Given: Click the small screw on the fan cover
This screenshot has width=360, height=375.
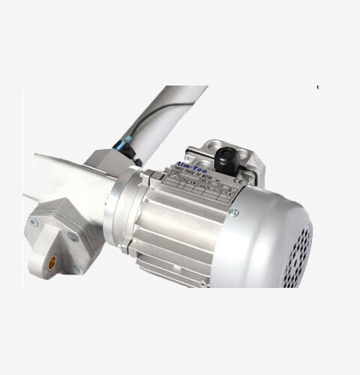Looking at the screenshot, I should (x=234, y=213).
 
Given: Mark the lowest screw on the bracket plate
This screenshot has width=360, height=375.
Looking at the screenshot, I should (x=76, y=270).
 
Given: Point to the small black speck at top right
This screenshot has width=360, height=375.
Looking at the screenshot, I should (x=317, y=88).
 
